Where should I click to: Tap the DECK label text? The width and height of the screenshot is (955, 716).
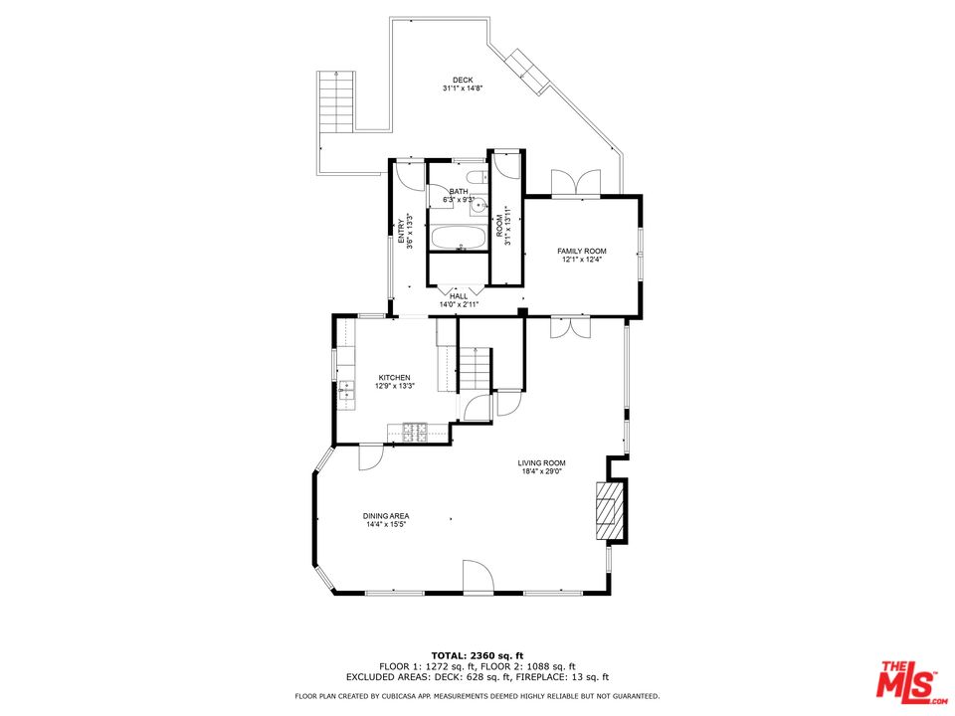tap(463, 81)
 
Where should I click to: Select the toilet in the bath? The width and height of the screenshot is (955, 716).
tap(477, 179)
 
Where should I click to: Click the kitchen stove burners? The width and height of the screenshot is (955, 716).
tap(415, 432)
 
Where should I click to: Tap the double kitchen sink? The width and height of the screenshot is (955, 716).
tap(346, 391)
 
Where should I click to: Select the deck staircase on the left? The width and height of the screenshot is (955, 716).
tap(335, 102)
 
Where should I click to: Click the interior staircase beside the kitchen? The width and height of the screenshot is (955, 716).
tap(477, 369)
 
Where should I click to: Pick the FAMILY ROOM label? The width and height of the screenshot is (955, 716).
tap(582, 251)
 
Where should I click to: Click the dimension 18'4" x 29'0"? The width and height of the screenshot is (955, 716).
tap(541, 471)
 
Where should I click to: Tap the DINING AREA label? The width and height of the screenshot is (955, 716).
tap(387, 515)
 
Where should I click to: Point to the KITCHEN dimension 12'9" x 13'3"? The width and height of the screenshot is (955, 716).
tap(394, 386)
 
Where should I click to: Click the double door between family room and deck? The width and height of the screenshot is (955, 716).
tap(576, 183)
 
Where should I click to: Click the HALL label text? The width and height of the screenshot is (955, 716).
tap(459, 296)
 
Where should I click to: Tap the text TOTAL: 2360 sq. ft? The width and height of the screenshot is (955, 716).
tap(477, 654)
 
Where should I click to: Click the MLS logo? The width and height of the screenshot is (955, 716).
tap(906, 680)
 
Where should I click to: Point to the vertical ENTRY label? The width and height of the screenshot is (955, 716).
tap(402, 231)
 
